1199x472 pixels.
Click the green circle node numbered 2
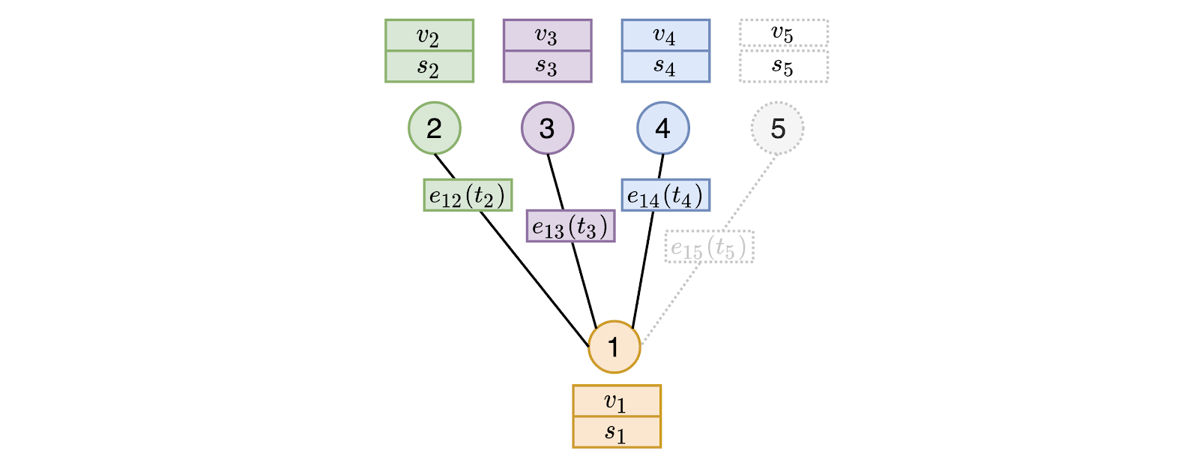click(434, 128)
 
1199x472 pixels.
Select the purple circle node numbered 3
click(547, 128)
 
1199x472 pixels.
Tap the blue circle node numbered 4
click(662, 128)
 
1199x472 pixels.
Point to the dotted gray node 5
click(777, 128)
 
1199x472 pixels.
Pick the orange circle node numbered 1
click(614, 347)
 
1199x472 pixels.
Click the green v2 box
click(429, 35)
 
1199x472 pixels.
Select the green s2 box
click(429, 66)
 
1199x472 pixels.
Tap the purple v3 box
click(547, 35)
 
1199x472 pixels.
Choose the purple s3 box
click(547, 66)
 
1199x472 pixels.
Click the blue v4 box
click(665, 35)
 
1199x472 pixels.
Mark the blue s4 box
click(665, 66)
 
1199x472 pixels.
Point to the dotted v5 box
click(783, 33)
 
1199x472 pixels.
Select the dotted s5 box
click(783, 66)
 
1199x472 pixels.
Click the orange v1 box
click(616, 401)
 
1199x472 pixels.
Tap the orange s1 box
click(616, 431)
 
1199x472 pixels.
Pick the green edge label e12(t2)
click(468, 195)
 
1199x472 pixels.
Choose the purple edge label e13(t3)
click(570, 226)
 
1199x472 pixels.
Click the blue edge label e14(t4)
click(665, 195)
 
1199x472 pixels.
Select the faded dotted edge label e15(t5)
click(709, 247)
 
